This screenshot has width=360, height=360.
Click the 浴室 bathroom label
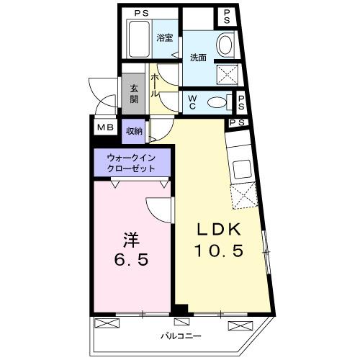click(164, 38)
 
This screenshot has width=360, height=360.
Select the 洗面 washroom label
click(198, 58)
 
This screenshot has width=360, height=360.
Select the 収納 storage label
click(134, 131)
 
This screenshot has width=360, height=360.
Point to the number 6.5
click(130, 259)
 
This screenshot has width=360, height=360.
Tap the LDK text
click(222, 230)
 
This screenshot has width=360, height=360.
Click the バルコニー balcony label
click(181, 336)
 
